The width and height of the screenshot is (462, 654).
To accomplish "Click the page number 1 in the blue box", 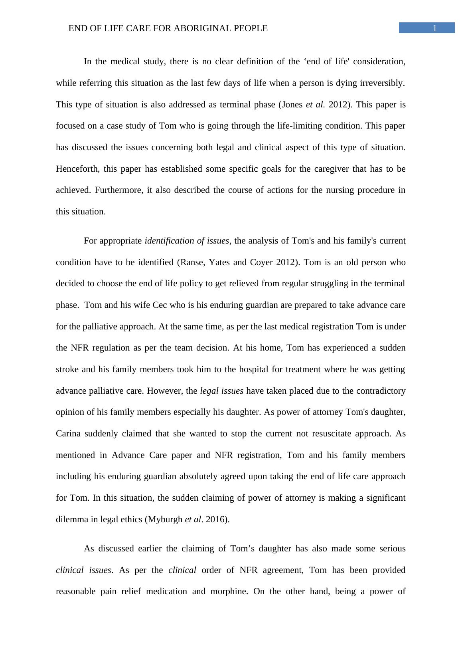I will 434,28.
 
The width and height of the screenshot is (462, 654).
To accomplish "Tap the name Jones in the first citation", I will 292,105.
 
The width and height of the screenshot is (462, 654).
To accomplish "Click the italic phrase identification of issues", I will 186,241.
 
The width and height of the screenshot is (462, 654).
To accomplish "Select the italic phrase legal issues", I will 221,391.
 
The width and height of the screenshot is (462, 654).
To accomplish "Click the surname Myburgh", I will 165,519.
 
